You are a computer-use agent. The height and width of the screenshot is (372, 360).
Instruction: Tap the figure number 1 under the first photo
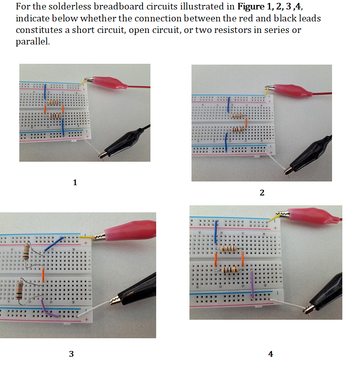click(75, 182)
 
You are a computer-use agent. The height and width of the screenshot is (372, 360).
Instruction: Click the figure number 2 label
click(262, 192)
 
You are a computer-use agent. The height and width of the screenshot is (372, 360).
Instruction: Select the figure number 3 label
click(72, 353)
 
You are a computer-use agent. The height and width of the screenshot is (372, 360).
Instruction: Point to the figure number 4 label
click(270, 353)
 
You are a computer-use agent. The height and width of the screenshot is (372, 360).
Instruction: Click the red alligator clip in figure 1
click(109, 83)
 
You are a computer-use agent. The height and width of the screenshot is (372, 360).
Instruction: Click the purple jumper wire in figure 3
click(49, 309)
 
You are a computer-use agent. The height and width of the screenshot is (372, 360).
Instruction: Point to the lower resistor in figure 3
click(19, 291)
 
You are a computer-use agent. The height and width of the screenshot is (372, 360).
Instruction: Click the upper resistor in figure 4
click(229, 249)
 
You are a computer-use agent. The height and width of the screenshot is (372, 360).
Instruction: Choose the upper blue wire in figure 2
click(228, 105)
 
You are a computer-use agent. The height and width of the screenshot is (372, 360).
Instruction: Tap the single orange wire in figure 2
click(246, 122)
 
